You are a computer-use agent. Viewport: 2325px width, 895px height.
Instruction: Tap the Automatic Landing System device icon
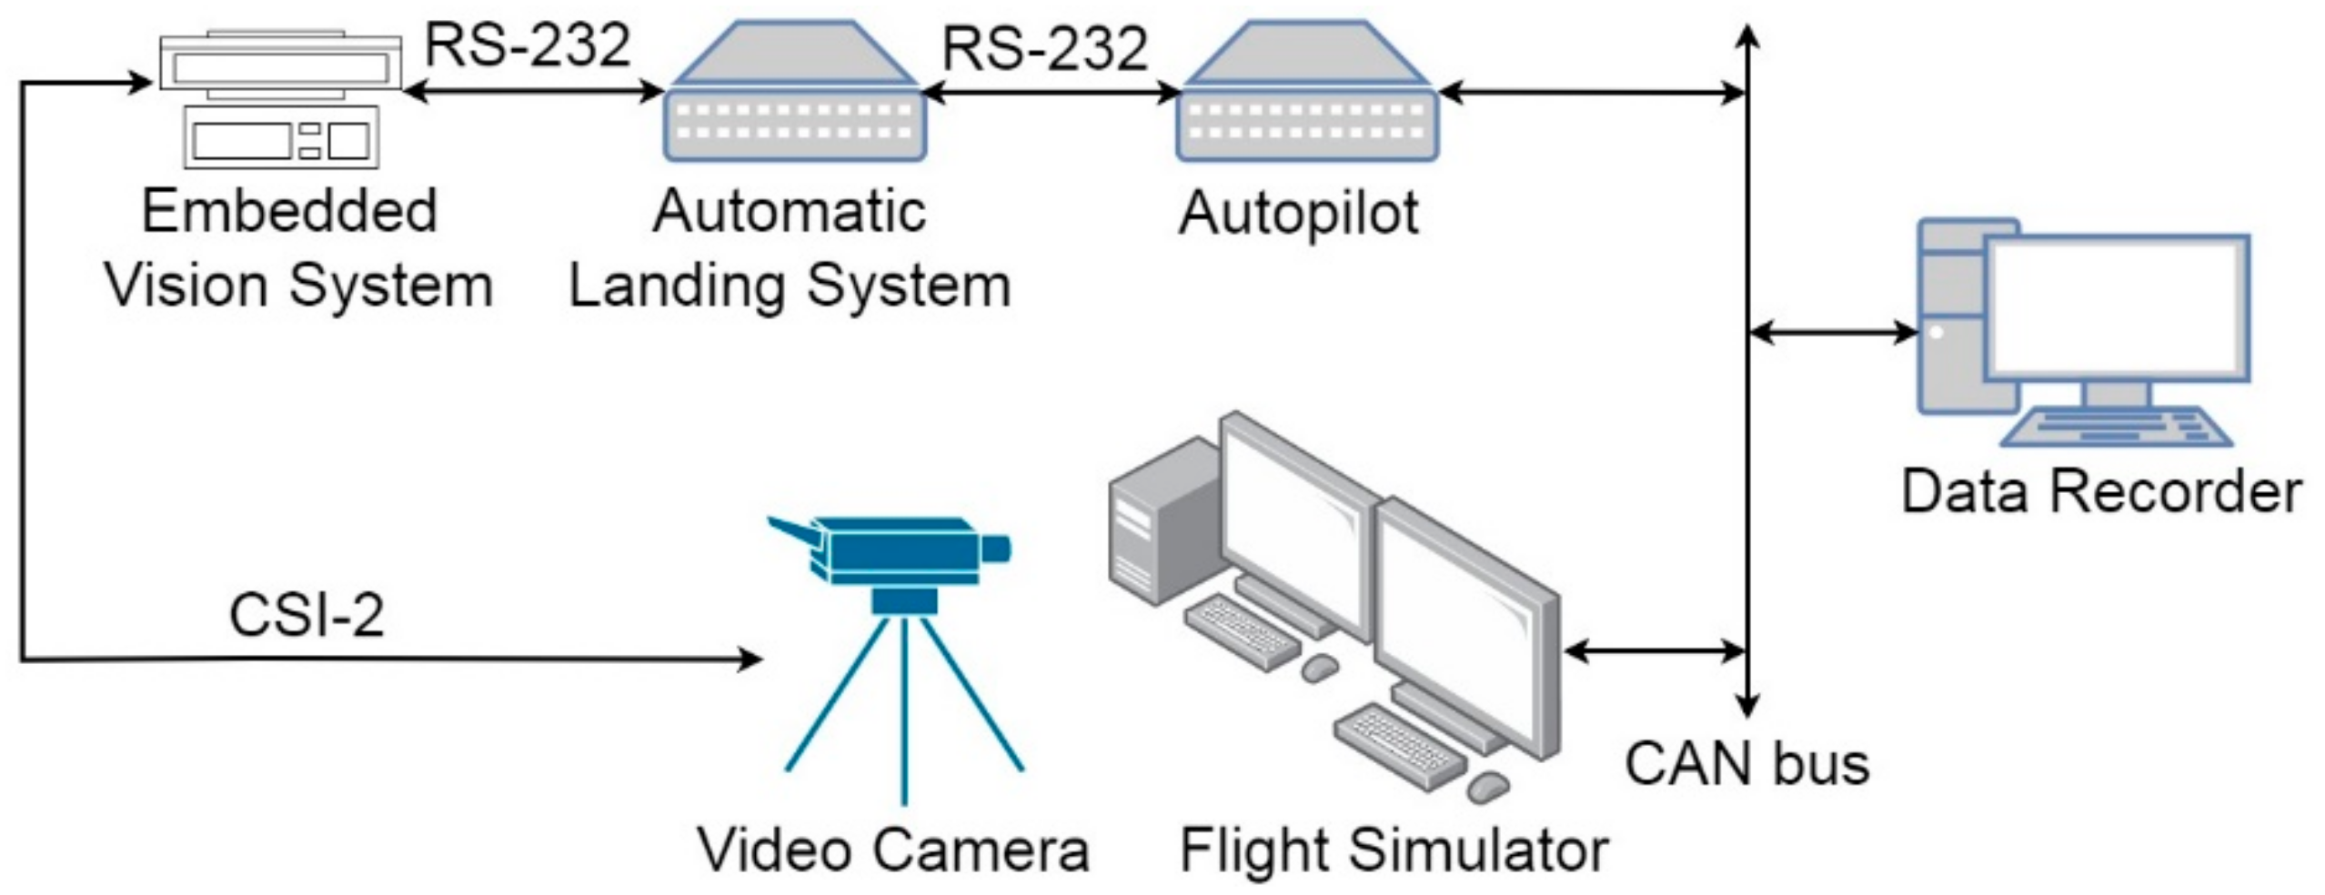(794, 96)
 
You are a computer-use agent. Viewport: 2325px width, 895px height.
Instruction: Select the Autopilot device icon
(1307, 96)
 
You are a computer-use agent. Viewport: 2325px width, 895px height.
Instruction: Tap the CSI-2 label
(307, 615)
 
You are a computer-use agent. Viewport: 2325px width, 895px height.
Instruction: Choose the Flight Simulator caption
(1394, 850)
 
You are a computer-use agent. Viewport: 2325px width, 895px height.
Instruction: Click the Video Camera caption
(893, 850)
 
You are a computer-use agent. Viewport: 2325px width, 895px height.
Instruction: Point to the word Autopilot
(1298, 213)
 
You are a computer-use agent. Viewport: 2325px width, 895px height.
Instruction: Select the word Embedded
(289, 211)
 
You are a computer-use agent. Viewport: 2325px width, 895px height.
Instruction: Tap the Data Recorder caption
(2101, 491)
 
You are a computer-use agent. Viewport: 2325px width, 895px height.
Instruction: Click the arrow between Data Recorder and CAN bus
(1832, 332)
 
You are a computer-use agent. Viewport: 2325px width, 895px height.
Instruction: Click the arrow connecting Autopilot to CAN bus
(1592, 92)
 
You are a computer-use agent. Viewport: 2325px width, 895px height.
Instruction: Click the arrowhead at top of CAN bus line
(1747, 36)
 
